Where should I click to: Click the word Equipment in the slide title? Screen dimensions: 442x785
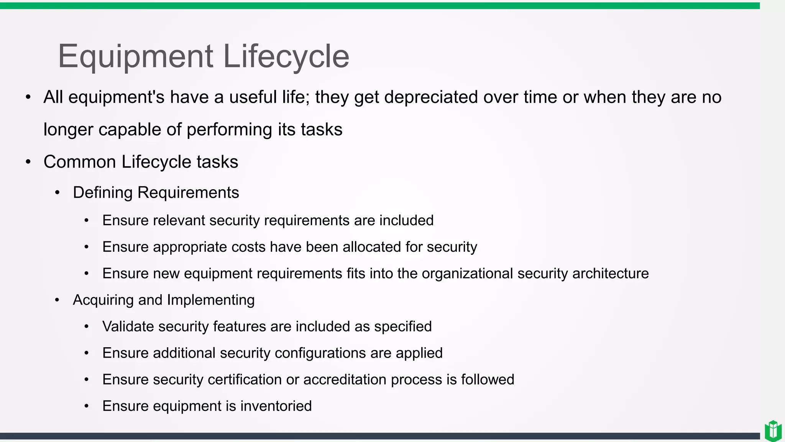pos(135,56)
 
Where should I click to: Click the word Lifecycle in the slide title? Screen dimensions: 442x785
pos(286,56)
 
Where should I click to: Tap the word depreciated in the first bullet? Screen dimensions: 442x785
pos(431,97)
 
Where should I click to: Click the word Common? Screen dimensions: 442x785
pos(80,162)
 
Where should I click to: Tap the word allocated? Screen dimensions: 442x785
pos(371,247)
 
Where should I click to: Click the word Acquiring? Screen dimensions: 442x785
pos(103,300)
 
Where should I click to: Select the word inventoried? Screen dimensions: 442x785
pos(276,406)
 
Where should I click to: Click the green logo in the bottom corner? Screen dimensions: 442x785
pos(773,431)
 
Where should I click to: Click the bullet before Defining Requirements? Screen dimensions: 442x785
pos(57,192)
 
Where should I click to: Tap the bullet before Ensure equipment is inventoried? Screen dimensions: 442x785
pos(87,406)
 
